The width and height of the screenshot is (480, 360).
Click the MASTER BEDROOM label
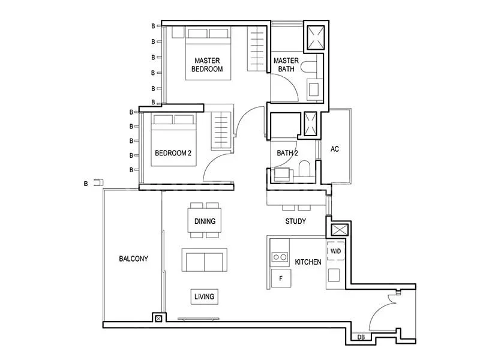pyautogui.click(x=207, y=65)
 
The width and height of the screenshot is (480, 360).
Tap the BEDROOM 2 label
pyautogui.click(x=173, y=153)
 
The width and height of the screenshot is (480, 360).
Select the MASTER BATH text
pyautogui.click(x=286, y=65)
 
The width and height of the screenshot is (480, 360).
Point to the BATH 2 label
pyautogui.click(x=287, y=153)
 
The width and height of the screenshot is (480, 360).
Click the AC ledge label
pyautogui.click(x=335, y=149)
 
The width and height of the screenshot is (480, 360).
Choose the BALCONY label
pyautogui.click(x=133, y=259)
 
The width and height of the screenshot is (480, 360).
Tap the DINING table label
pyautogui.click(x=205, y=221)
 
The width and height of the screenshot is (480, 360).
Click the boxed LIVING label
pyautogui.click(x=205, y=296)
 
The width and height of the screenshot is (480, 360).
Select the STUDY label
pyautogui.click(x=295, y=221)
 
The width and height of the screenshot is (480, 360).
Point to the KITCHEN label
pyautogui.click(x=308, y=262)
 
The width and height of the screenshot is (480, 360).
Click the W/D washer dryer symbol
pyautogui.click(x=336, y=251)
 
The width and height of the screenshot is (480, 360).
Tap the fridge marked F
pyautogui.click(x=281, y=278)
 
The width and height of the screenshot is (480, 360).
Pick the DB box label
pyautogui.click(x=361, y=337)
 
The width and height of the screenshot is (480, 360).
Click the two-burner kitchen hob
pyautogui.click(x=280, y=257)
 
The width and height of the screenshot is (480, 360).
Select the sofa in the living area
pyautogui.click(x=205, y=260)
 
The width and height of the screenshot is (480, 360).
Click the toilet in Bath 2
pyautogui.click(x=305, y=169)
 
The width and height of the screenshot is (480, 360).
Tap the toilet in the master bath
pyautogui.click(x=308, y=67)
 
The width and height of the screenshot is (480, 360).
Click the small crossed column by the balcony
pyautogui.click(x=158, y=319)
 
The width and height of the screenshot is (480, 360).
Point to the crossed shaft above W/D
pyautogui.click(x=340, y=230)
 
